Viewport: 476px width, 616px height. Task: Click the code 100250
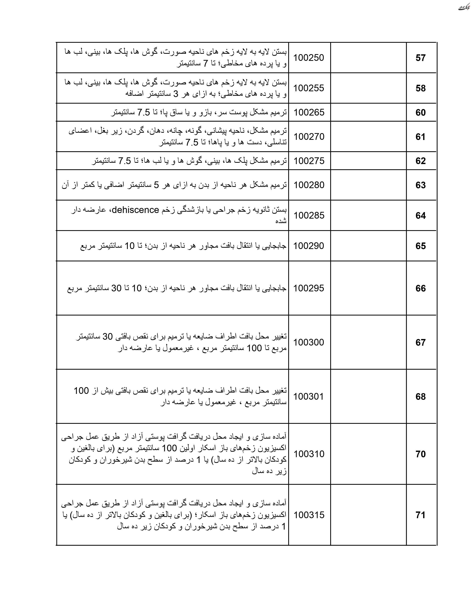pos(309,58)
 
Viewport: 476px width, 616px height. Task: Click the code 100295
pos(309,288)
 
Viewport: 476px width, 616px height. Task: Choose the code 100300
pos(309,342)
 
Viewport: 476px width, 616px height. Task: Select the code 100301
pos(309,396)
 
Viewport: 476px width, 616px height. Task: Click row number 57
pos(420,58)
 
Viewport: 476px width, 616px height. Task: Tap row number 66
pos(420,288)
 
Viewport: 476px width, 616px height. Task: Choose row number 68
pos(420,396)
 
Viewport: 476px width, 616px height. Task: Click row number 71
pos(420,515)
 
